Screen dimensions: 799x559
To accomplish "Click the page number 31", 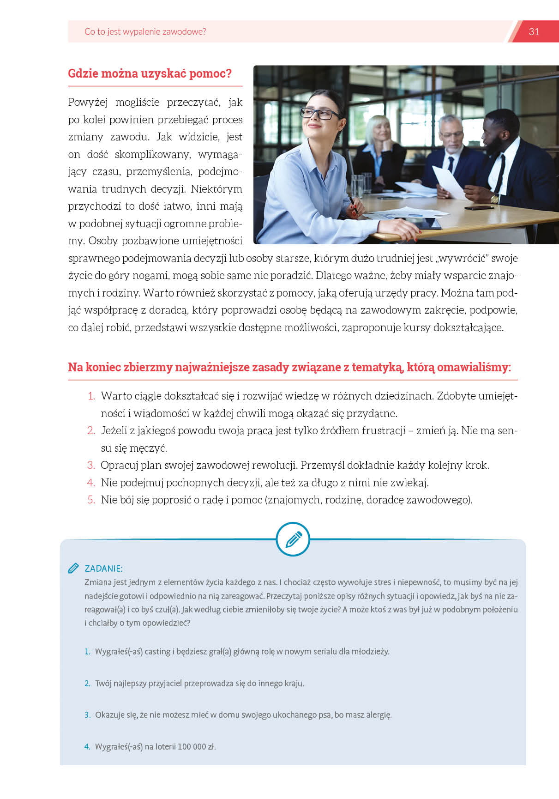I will tap(534, 32).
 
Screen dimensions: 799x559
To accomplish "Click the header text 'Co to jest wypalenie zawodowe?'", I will tap(145, 32).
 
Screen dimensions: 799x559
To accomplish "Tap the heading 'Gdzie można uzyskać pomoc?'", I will tap(150, 73).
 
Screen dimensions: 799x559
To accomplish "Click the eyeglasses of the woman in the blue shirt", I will tap(320, 113).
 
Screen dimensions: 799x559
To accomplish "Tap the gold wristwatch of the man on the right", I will tap(494, 199).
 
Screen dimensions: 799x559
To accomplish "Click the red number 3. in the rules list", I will tap(91, 465).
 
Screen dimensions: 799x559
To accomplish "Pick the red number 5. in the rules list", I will tap(91, 500).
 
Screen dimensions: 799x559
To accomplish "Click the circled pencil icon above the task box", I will tap(293, 539).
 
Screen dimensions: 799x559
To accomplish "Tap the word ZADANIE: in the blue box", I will tap(103, 569).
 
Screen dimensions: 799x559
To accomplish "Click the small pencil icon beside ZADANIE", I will tap(73, 568).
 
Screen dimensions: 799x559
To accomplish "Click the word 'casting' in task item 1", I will tap(157, 652).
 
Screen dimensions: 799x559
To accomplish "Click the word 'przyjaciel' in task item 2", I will tap(165, 683).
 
